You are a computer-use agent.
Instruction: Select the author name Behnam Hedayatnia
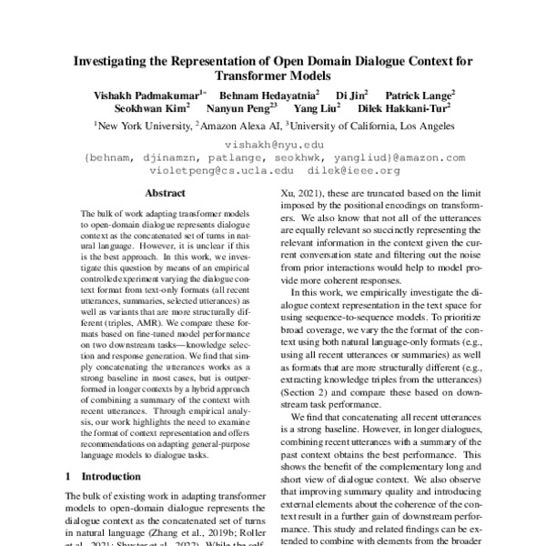[x=269, y=94]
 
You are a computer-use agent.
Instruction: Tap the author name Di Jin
[x=349, y=94]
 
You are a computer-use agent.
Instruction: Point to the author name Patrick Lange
[x=420, y=94]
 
